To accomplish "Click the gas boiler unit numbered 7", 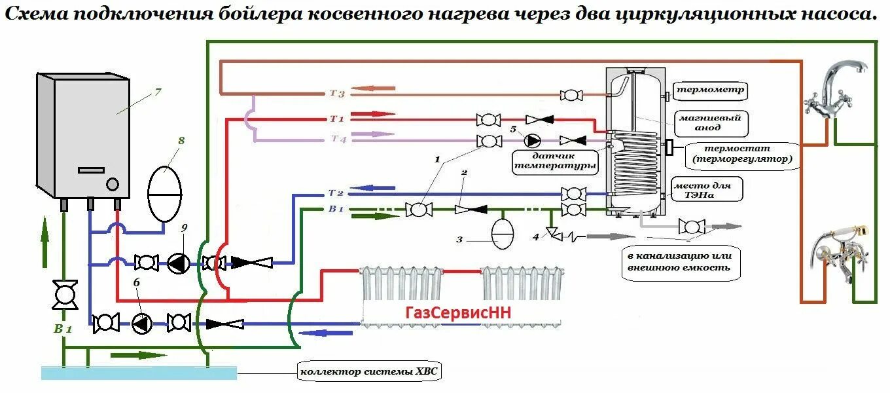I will [85, 134].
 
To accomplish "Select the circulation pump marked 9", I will [177, 263].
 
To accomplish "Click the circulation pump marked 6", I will [141, 323].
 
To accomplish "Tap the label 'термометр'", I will [710, 90].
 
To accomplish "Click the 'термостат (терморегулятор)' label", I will [741, 154].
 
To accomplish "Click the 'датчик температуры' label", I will [554, 161].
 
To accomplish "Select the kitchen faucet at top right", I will [838, 88].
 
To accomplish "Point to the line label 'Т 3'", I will [336, 94].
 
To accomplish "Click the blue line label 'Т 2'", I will [336, 193].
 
